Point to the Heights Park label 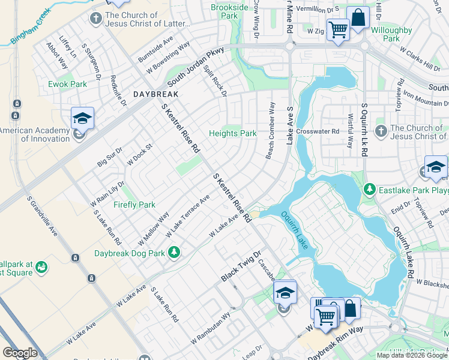point(232,133)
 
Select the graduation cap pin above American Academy point(83,118)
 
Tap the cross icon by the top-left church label point(95,18)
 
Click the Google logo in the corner point(20,353)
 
